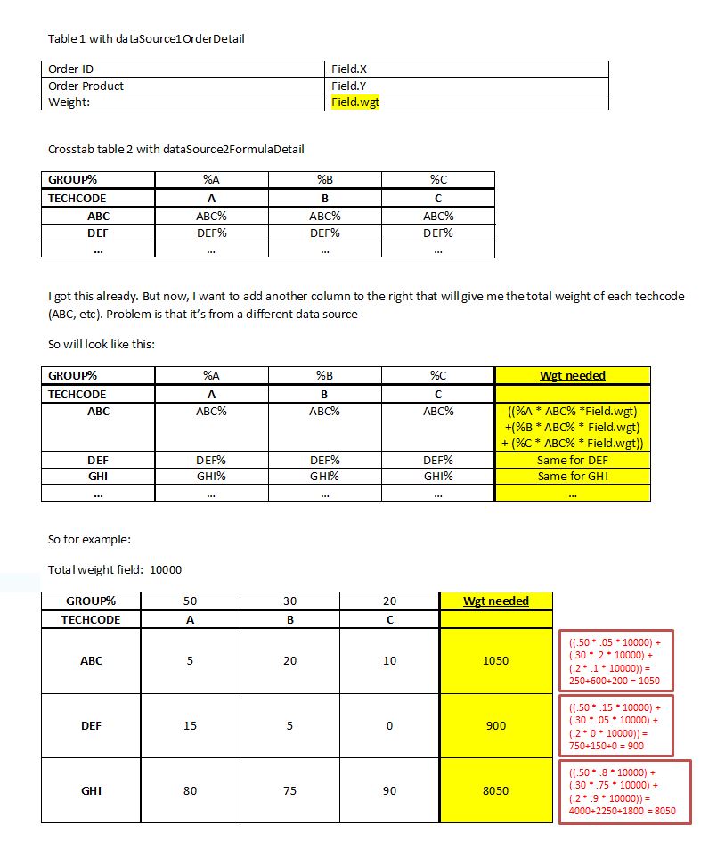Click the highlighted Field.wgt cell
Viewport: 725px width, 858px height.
(356, 102)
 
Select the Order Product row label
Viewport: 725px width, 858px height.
(86, 86)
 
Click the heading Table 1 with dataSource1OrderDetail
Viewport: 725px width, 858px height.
(146, 38)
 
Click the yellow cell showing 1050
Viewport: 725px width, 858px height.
(495, 661)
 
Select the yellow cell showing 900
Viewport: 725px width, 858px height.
(495, 726)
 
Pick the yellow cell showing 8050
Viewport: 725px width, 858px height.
(495, 790)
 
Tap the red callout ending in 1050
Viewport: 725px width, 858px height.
(615, 661)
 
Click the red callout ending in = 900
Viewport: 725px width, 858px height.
(615, 726)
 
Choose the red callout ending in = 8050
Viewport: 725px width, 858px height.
(623, 791)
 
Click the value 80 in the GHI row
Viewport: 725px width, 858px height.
(190, 790)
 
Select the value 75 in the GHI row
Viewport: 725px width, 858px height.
(289, 790)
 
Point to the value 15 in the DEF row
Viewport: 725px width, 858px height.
(190, 726)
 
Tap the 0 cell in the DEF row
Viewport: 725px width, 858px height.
(389, 726)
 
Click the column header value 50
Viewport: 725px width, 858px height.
(190, 601)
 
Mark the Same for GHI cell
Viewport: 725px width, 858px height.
(572, 477)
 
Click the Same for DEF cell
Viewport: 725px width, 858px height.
(572, 461)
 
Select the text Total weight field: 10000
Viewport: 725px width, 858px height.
(115, 569)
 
